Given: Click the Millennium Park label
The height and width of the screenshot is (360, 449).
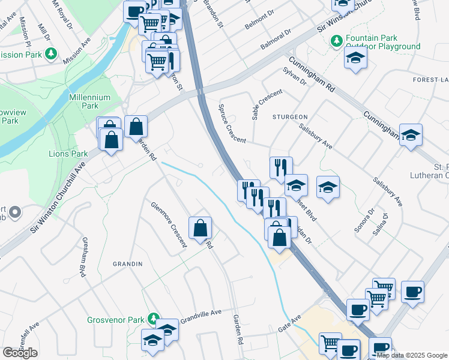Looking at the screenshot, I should click(x=90, y=101).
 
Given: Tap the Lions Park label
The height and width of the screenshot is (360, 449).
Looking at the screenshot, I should click(x=71, y=154).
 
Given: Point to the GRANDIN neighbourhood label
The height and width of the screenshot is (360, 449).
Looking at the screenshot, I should click(x=128, y=264).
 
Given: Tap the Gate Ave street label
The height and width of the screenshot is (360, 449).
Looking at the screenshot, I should click(x=289, y=324).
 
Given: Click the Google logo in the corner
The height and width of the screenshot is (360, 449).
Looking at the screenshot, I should click(x=20, y=353).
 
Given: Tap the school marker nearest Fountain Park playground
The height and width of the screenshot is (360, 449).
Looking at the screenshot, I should click(x=355, y=58).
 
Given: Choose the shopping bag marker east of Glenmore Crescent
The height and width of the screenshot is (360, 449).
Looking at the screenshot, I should click(x=200, y=228).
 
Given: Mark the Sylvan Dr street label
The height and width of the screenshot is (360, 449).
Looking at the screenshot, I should click(x=294, y=76).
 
